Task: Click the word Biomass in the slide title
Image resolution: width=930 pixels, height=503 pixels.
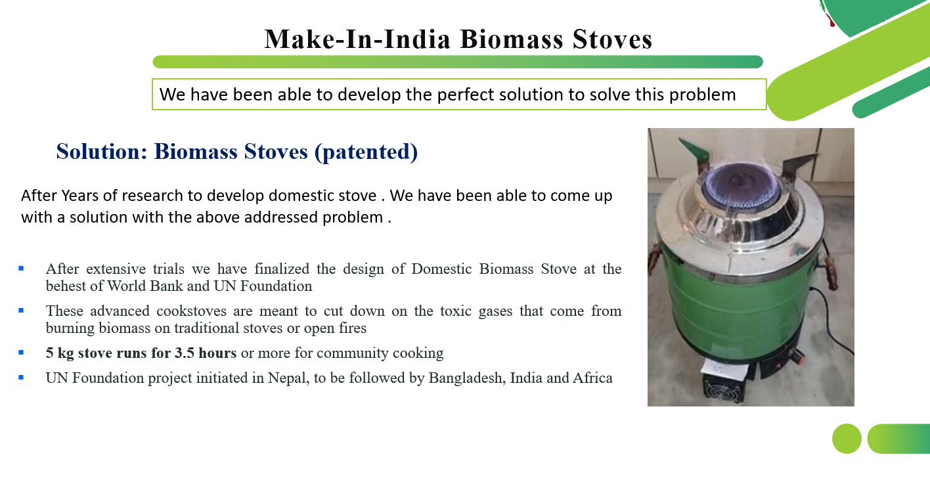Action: [x=512, y=39]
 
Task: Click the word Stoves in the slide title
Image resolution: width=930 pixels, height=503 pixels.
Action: [x=612, y=39]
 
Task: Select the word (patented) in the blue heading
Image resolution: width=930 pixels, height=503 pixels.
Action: [x=366, y=152]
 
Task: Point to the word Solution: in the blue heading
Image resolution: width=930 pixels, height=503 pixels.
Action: [x=102, y=151]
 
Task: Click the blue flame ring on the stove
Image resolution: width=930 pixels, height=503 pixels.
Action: [x=740, y=185]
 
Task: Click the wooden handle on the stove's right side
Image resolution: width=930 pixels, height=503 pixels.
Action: [x=831, y=273]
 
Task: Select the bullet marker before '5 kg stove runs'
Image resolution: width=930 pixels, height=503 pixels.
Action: [x=21, y=353]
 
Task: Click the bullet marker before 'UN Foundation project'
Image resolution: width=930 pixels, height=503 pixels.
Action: [x=21, y=378]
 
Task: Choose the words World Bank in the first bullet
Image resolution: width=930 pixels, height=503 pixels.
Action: [x=145, y=286]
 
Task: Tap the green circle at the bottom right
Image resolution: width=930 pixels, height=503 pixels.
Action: [x=847, y=439]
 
